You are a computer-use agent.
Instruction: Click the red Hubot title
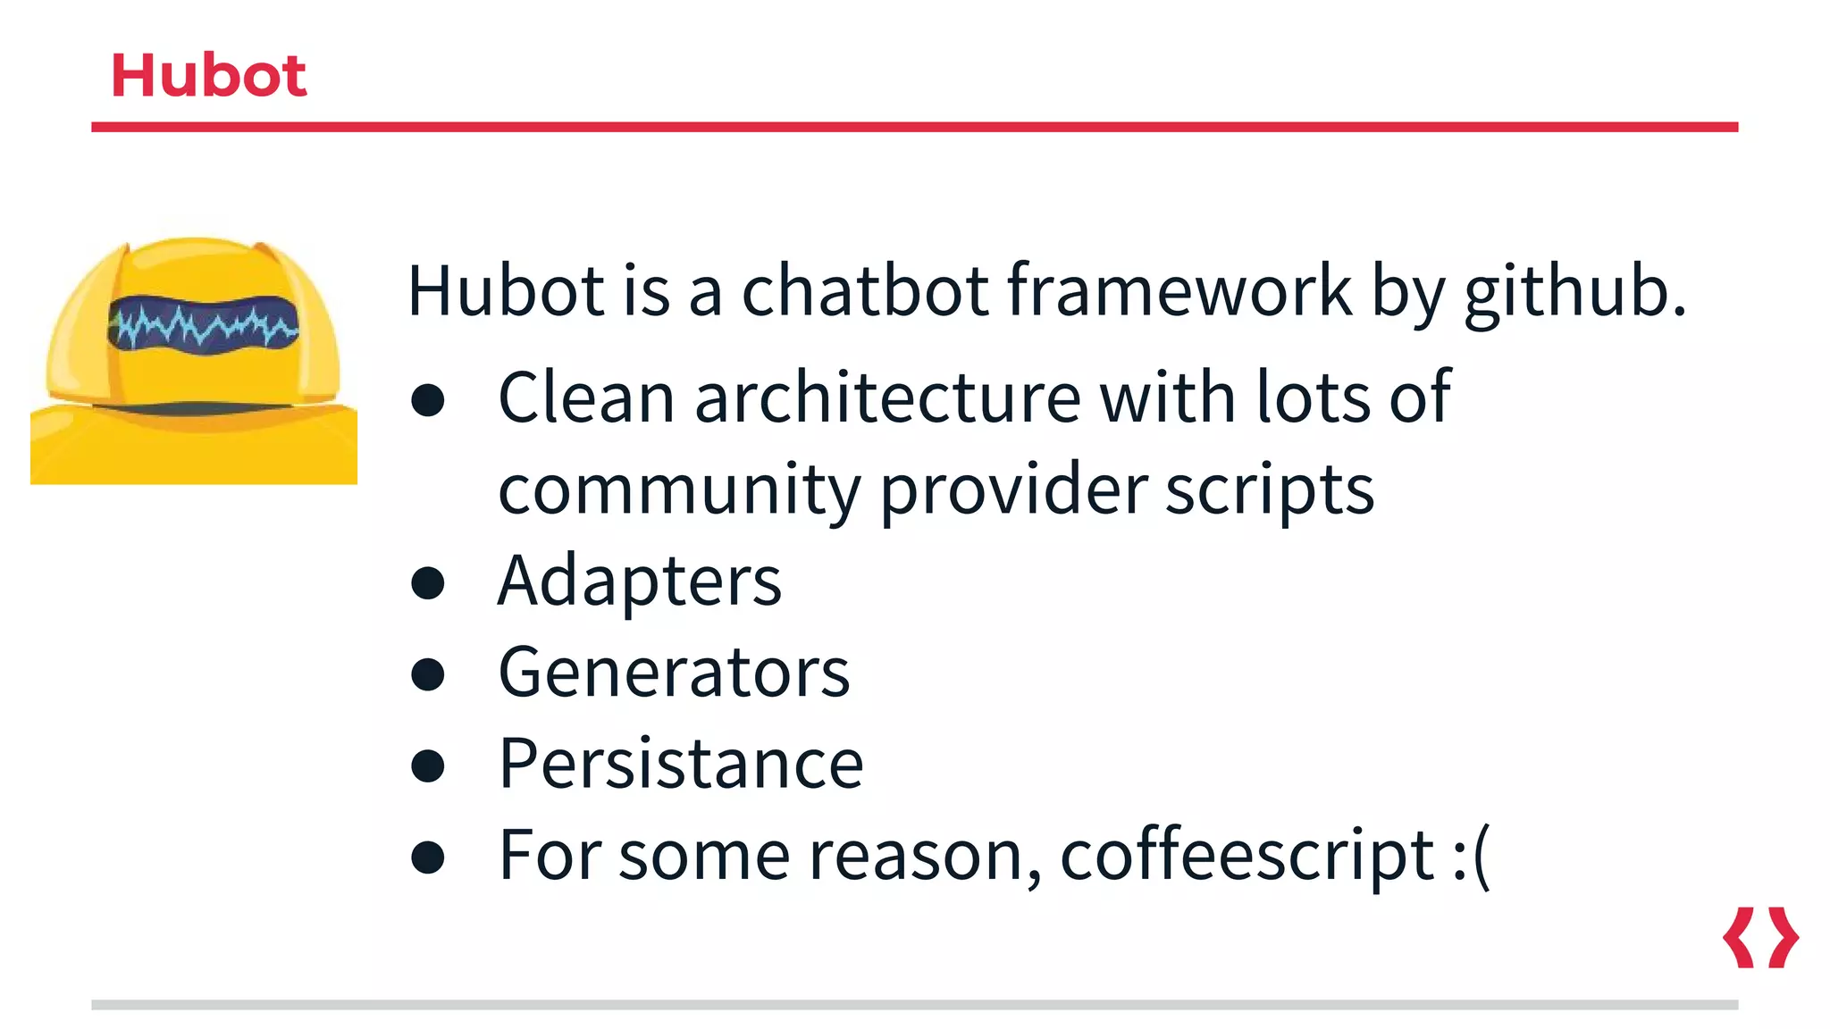pyautogui.click(x=208, y=75)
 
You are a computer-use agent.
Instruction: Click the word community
pyautogui.click(x=679, y=490)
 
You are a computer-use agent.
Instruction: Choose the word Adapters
pyautogui.click(x=639, y=581)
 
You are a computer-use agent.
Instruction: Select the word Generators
pyautogui.click(x=674, y=673)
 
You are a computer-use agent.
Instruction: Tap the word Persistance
pyautogui.click(x=681, y=765)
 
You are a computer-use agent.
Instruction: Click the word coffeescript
pyautogui.click(x=1247, y=856)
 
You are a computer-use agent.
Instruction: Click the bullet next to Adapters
pyautogui.click(x=428, y=583)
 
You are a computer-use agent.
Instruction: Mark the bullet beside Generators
pyautogui.click(x=428, y=674)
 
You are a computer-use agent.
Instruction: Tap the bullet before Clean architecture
pyautogui.click(x=428, y=400)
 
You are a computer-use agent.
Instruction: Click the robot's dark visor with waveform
pyautogui.click(x=204, y=323)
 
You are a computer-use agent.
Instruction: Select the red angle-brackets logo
pyautogui.click(x=1760, y=937)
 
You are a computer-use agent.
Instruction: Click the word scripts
pyautogui.click(x=1269, y=490)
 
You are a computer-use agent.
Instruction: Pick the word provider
pyautogui.click(x=1013, y=490)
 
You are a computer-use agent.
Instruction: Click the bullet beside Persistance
pyautogui.click(x=428, y=766)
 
